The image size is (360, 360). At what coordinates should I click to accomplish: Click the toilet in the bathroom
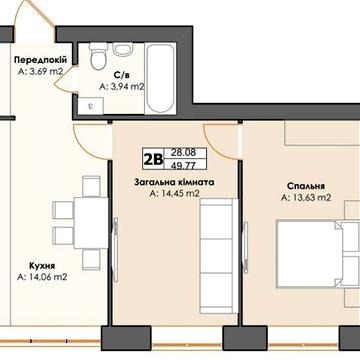click(98, 56)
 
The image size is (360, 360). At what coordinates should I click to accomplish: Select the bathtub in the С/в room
click(160, 79)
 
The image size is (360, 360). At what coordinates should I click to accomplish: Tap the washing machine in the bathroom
click(91, 106)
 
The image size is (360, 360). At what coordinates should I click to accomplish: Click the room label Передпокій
click(41, 60)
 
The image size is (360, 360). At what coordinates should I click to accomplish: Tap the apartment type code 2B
click(153, 159)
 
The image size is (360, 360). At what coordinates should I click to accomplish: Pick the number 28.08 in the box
click(183, 153)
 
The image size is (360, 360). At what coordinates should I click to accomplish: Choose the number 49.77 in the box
click(183, 165)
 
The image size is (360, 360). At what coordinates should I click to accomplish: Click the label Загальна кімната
click(174, 183)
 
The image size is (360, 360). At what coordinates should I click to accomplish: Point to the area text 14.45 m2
click(175, 193)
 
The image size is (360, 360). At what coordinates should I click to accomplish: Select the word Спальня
click(306, 186)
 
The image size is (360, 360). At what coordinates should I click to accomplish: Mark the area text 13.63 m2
click(306, 198)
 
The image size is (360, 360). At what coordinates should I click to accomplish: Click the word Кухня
click(42, 266)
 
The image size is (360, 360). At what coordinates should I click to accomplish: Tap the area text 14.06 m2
click(42, 277)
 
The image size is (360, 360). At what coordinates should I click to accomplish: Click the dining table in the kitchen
click(91, 223)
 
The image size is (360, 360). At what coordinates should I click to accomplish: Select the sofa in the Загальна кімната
click(219, 256)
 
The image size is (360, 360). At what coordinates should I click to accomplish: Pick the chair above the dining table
click(91, 186)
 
